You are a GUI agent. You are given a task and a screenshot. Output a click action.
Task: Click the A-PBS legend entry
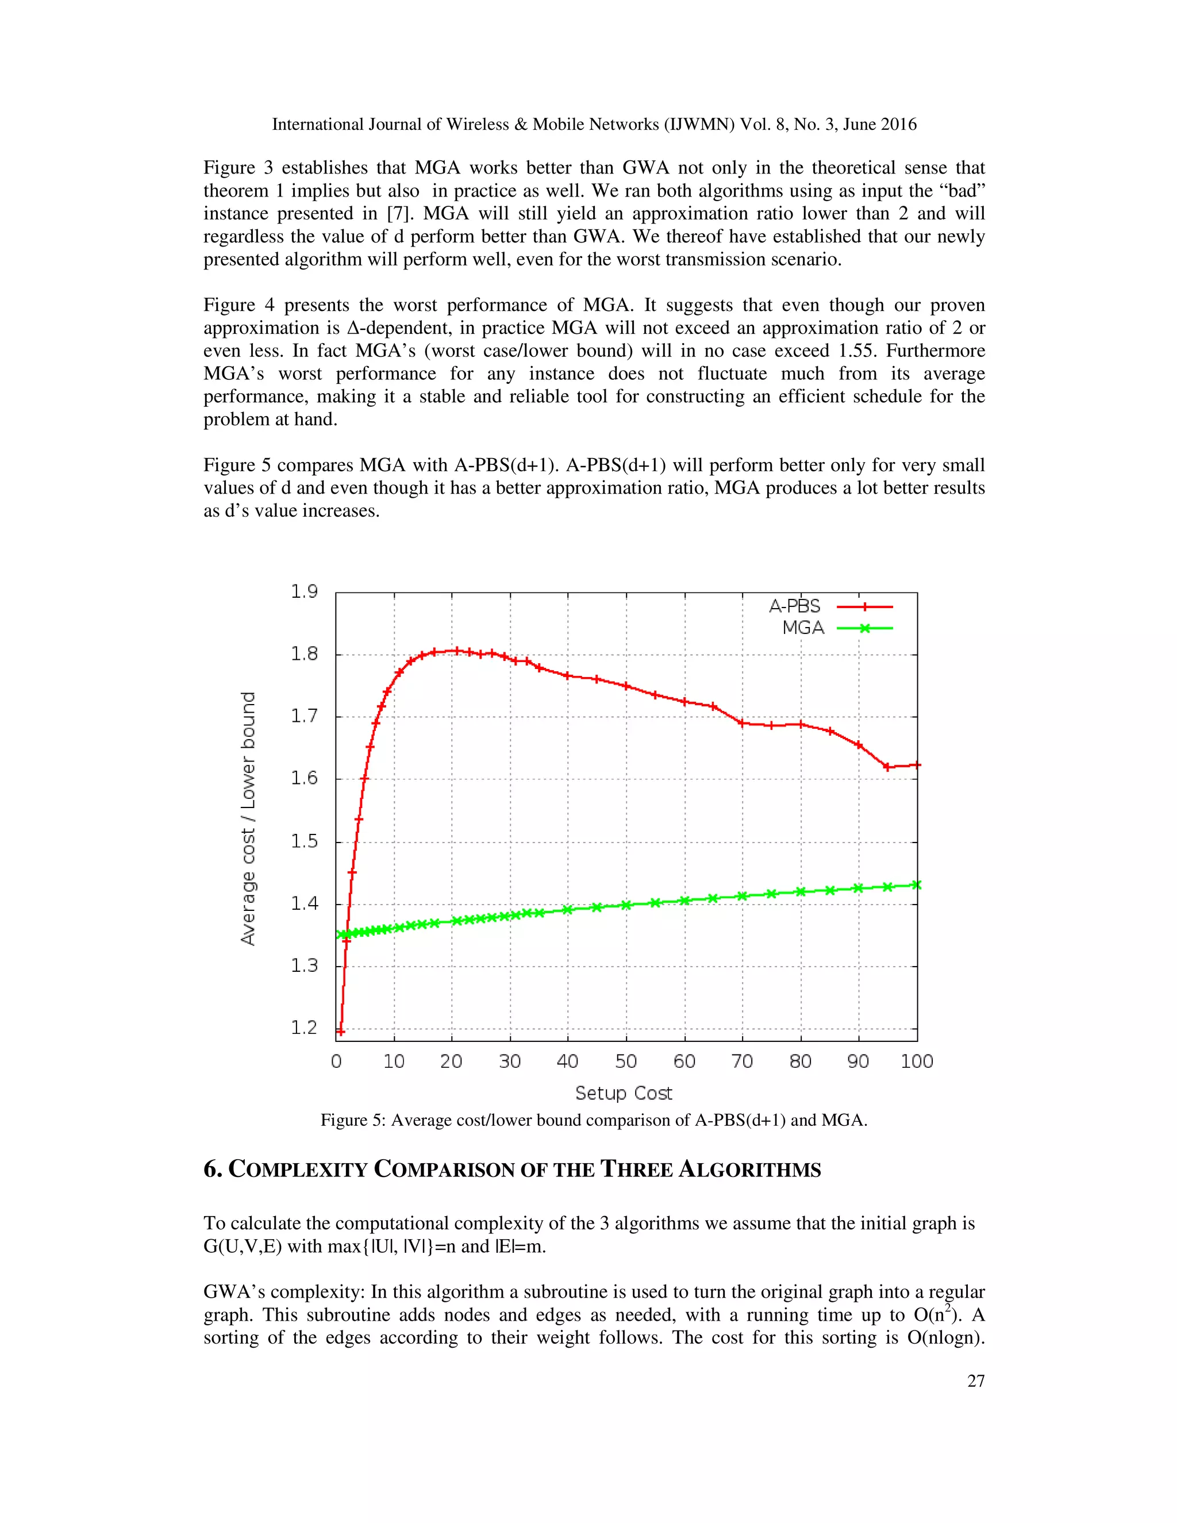[795, 606]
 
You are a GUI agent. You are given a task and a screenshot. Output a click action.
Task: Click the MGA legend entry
[803, 628]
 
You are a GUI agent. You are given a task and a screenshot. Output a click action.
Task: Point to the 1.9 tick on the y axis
[304, 592]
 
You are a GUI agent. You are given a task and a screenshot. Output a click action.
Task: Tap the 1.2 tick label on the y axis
[304, 1028]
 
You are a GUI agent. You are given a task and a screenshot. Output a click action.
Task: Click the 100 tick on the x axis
[916, 1062]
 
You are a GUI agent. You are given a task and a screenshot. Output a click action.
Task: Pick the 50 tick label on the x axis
[625, 1062]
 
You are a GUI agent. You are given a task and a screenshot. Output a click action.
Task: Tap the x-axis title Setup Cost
[624, 1093]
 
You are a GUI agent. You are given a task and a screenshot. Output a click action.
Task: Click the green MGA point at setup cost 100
[917, 885]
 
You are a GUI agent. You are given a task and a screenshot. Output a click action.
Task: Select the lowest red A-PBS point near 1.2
[340, 1032]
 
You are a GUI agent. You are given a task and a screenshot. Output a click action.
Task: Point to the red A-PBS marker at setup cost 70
[743, 722]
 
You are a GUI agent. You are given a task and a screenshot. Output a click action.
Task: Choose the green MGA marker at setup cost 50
[626, 905]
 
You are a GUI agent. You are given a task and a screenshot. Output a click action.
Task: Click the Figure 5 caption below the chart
[593, 1121]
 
